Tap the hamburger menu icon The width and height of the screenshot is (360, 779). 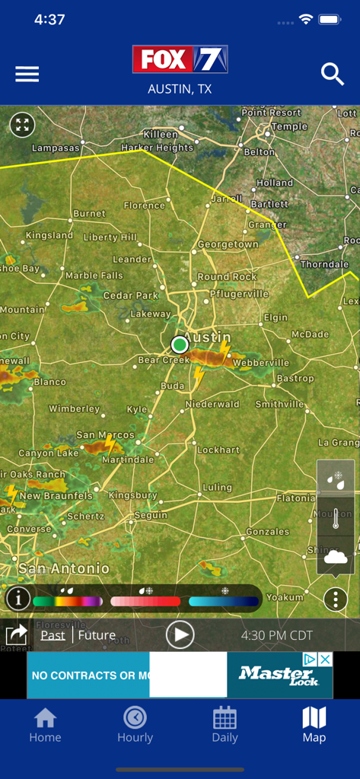pos(27,74)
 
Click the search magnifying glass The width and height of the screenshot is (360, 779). pos(333,74)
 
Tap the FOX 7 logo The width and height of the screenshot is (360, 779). pos(180,59)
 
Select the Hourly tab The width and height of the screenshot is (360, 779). pos(135,724)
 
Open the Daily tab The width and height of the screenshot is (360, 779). pos(225,724)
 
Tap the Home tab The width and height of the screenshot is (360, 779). pos(45,724)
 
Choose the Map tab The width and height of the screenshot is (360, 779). pos(314,724)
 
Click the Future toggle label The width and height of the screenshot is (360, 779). pos(97,635)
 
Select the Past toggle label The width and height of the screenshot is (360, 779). pos(53,635)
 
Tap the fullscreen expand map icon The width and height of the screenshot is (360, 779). pos(22,126)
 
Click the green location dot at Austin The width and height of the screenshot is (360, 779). pos(180,345)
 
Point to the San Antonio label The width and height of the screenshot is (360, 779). pos(63,568)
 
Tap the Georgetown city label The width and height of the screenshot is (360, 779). pos(228,245)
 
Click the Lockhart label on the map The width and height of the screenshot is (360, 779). pos(218,450)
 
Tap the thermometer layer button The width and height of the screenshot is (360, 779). pos(335,519)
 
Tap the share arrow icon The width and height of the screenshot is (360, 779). pos(16,634)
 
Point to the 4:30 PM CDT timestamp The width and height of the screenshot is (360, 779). pos(277,635)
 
